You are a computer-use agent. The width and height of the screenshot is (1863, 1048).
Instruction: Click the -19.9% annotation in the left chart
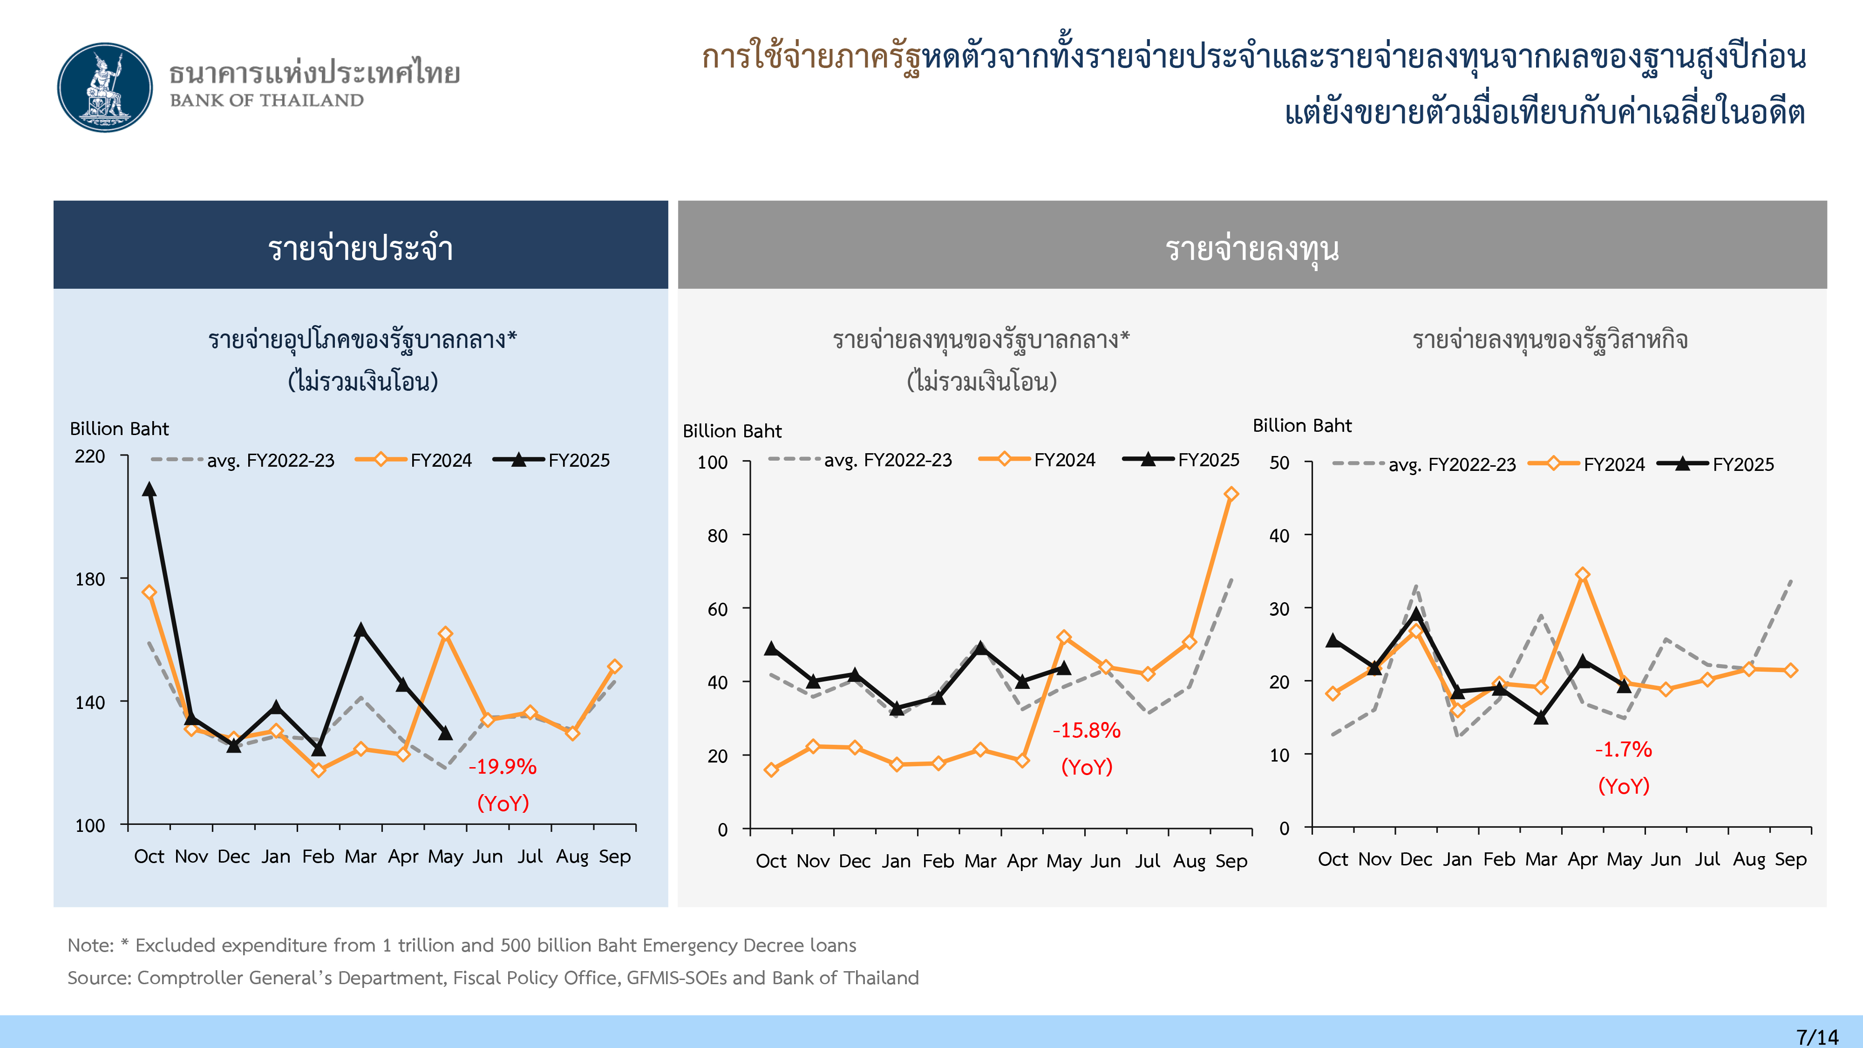click(503, 767)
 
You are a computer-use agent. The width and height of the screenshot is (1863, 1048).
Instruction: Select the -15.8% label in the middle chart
click(1086, 730)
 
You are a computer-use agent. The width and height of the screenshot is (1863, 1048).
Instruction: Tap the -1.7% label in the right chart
click(1624, 749)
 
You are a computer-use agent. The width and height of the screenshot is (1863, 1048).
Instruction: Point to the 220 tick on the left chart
click(90, 456)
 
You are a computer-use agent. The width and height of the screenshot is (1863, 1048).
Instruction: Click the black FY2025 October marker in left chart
click(149, 490)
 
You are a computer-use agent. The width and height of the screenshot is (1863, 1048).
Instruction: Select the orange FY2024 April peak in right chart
click(1583, 574)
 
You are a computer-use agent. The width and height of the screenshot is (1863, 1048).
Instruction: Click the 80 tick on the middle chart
click(717, 536)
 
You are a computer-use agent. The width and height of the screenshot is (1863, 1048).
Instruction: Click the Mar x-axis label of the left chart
click(360, 857)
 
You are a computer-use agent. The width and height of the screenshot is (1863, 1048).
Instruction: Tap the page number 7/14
click(1817, 1036)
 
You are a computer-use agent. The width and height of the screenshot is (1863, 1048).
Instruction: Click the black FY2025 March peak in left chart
click(360, 630)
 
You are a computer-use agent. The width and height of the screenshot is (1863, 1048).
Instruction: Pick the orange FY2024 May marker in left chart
click(446, 633)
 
